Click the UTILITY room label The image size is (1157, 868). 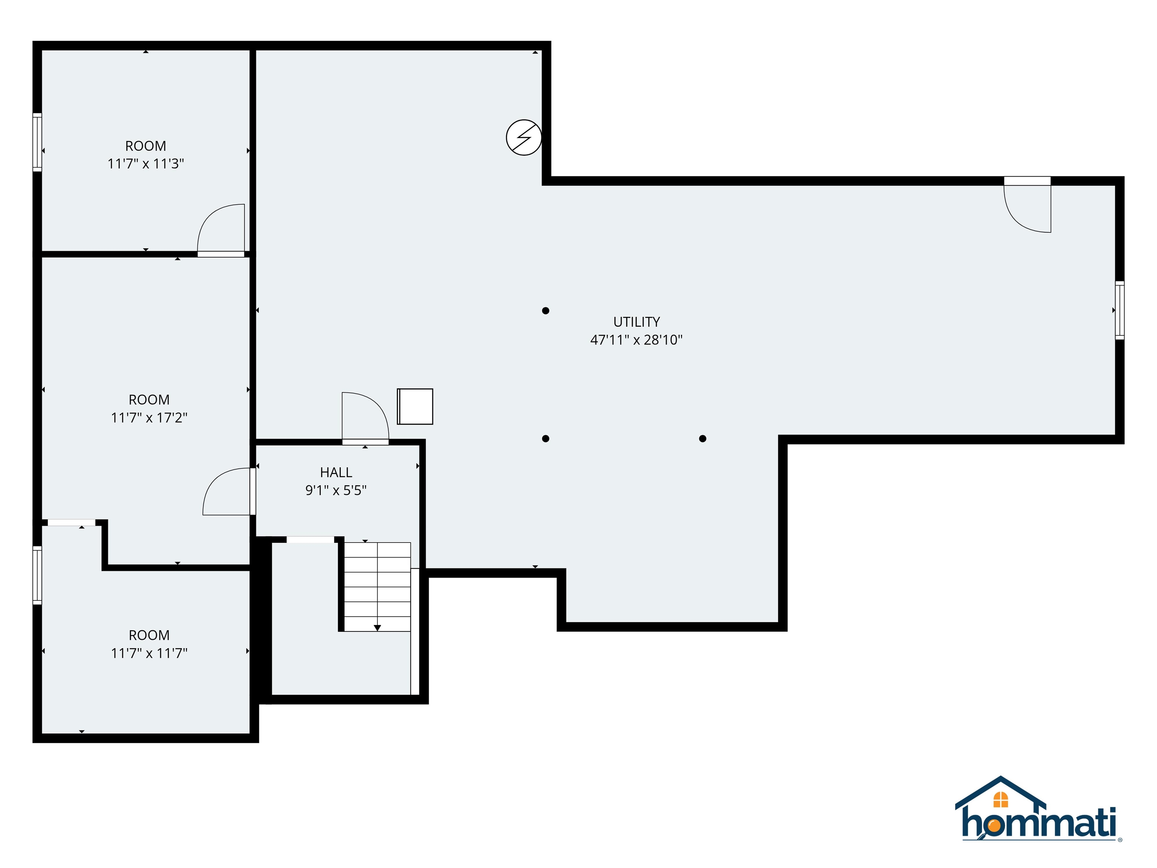636,322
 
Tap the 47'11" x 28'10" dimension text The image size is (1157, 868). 636,340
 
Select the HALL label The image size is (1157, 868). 336,472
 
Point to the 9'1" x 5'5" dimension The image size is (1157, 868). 336,490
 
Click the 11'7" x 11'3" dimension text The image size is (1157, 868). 145,164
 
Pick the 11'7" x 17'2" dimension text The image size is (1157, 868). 149,417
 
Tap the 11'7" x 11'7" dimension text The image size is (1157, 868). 149,653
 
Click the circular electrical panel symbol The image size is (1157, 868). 524,138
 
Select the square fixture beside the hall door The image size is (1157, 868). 415,406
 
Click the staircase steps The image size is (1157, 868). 377,586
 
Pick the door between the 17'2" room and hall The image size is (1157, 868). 227,492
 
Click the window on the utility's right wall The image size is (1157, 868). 1119,310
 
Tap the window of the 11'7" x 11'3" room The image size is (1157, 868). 37,142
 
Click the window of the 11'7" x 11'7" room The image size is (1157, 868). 37,575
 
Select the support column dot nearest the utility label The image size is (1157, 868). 546,311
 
